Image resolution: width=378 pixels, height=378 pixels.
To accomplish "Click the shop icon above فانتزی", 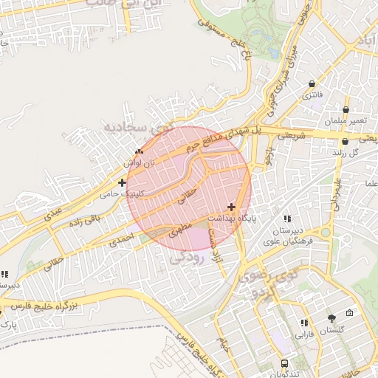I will tap(312, 84).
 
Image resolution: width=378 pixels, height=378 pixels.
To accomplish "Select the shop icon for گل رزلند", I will tap(345, 141).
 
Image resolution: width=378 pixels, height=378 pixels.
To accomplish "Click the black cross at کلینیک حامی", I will tap(122, 182).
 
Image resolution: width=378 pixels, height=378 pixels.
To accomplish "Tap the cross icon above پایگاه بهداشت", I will tap(232, 207).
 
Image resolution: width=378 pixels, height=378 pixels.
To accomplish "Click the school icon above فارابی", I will tap(304, 323).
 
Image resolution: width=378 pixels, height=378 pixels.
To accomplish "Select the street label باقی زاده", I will tap(83, 220).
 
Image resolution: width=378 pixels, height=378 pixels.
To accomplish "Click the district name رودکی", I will tap(185, 258).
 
